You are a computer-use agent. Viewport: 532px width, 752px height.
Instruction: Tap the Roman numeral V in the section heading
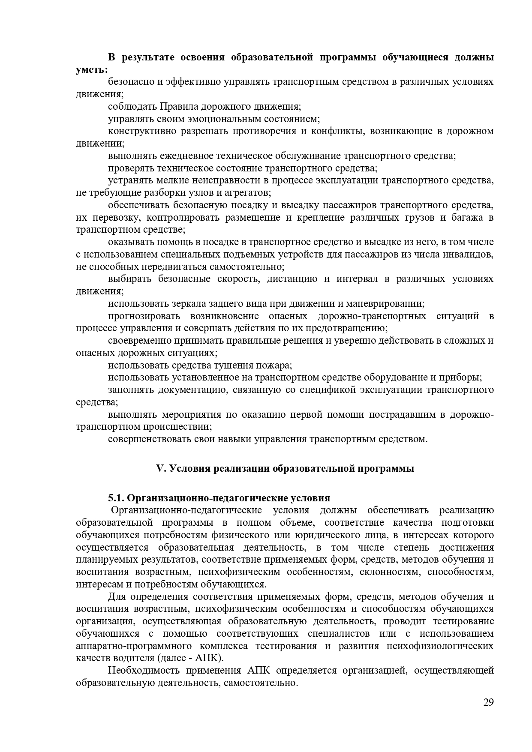[160, 468]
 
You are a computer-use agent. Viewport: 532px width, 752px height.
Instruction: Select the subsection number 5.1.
[116, 498]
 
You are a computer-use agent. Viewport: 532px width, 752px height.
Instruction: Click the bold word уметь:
[92, 69]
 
